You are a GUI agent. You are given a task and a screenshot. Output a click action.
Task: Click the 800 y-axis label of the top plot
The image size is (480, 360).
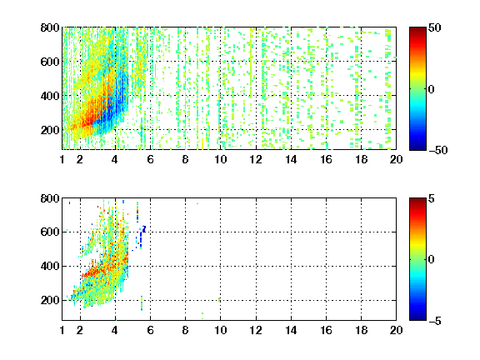pyautogui.click(x=50, y=27)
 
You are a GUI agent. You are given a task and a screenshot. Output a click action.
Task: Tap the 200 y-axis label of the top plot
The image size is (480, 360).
pyautogui.click(x=50, y=130)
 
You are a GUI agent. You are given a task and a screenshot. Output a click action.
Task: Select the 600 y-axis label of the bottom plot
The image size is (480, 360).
pyautogui.click(x=50, y=232)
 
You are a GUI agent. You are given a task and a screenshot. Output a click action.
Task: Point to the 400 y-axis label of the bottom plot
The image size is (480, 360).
pyautogui.click(x=50, y=266)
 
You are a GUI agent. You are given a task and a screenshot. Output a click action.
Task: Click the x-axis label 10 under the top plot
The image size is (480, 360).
pyautogui.click(x=220, y=159)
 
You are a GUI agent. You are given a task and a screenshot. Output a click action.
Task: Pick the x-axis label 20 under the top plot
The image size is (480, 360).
pyautogui.click(x=396, y=159)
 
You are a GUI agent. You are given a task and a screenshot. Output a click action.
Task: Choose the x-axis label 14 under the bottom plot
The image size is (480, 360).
pyautogui.click(x=291, y=330)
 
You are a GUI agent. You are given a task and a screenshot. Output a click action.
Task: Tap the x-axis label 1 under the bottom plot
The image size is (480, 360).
pyautogui.click(x=62, y=330)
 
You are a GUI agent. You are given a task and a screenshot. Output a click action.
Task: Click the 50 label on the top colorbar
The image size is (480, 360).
pyautogui.click(x=435, y=27)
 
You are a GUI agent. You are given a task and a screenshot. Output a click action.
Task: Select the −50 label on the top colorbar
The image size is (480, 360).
pyautogui.click(x=437, y=150)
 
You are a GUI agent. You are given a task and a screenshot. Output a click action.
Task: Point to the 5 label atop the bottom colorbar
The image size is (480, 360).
pyautogui.click(x=432, y=198)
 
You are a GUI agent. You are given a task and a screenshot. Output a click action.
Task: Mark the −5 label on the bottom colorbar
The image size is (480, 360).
pyautogui.click(x=435, y=321)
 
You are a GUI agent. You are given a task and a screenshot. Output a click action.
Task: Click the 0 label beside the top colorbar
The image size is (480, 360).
pyautogui.click(x=432, y=89)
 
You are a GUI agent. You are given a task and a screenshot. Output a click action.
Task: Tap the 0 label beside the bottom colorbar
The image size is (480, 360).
pyautogui.click(x=432, y=260)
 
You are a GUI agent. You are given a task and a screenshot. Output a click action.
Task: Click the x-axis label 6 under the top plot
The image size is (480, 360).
pyautogui.click(x=150, y=159)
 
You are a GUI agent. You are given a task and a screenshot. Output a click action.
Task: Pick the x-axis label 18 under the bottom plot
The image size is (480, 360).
pyautogui.click(x=361, y=330)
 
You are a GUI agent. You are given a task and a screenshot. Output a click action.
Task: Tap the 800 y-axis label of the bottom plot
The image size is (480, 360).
pyautogui.click(x=50, y=198)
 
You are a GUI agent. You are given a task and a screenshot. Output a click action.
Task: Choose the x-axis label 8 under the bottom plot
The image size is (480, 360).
pyautogui.click(x=185, y=330)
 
